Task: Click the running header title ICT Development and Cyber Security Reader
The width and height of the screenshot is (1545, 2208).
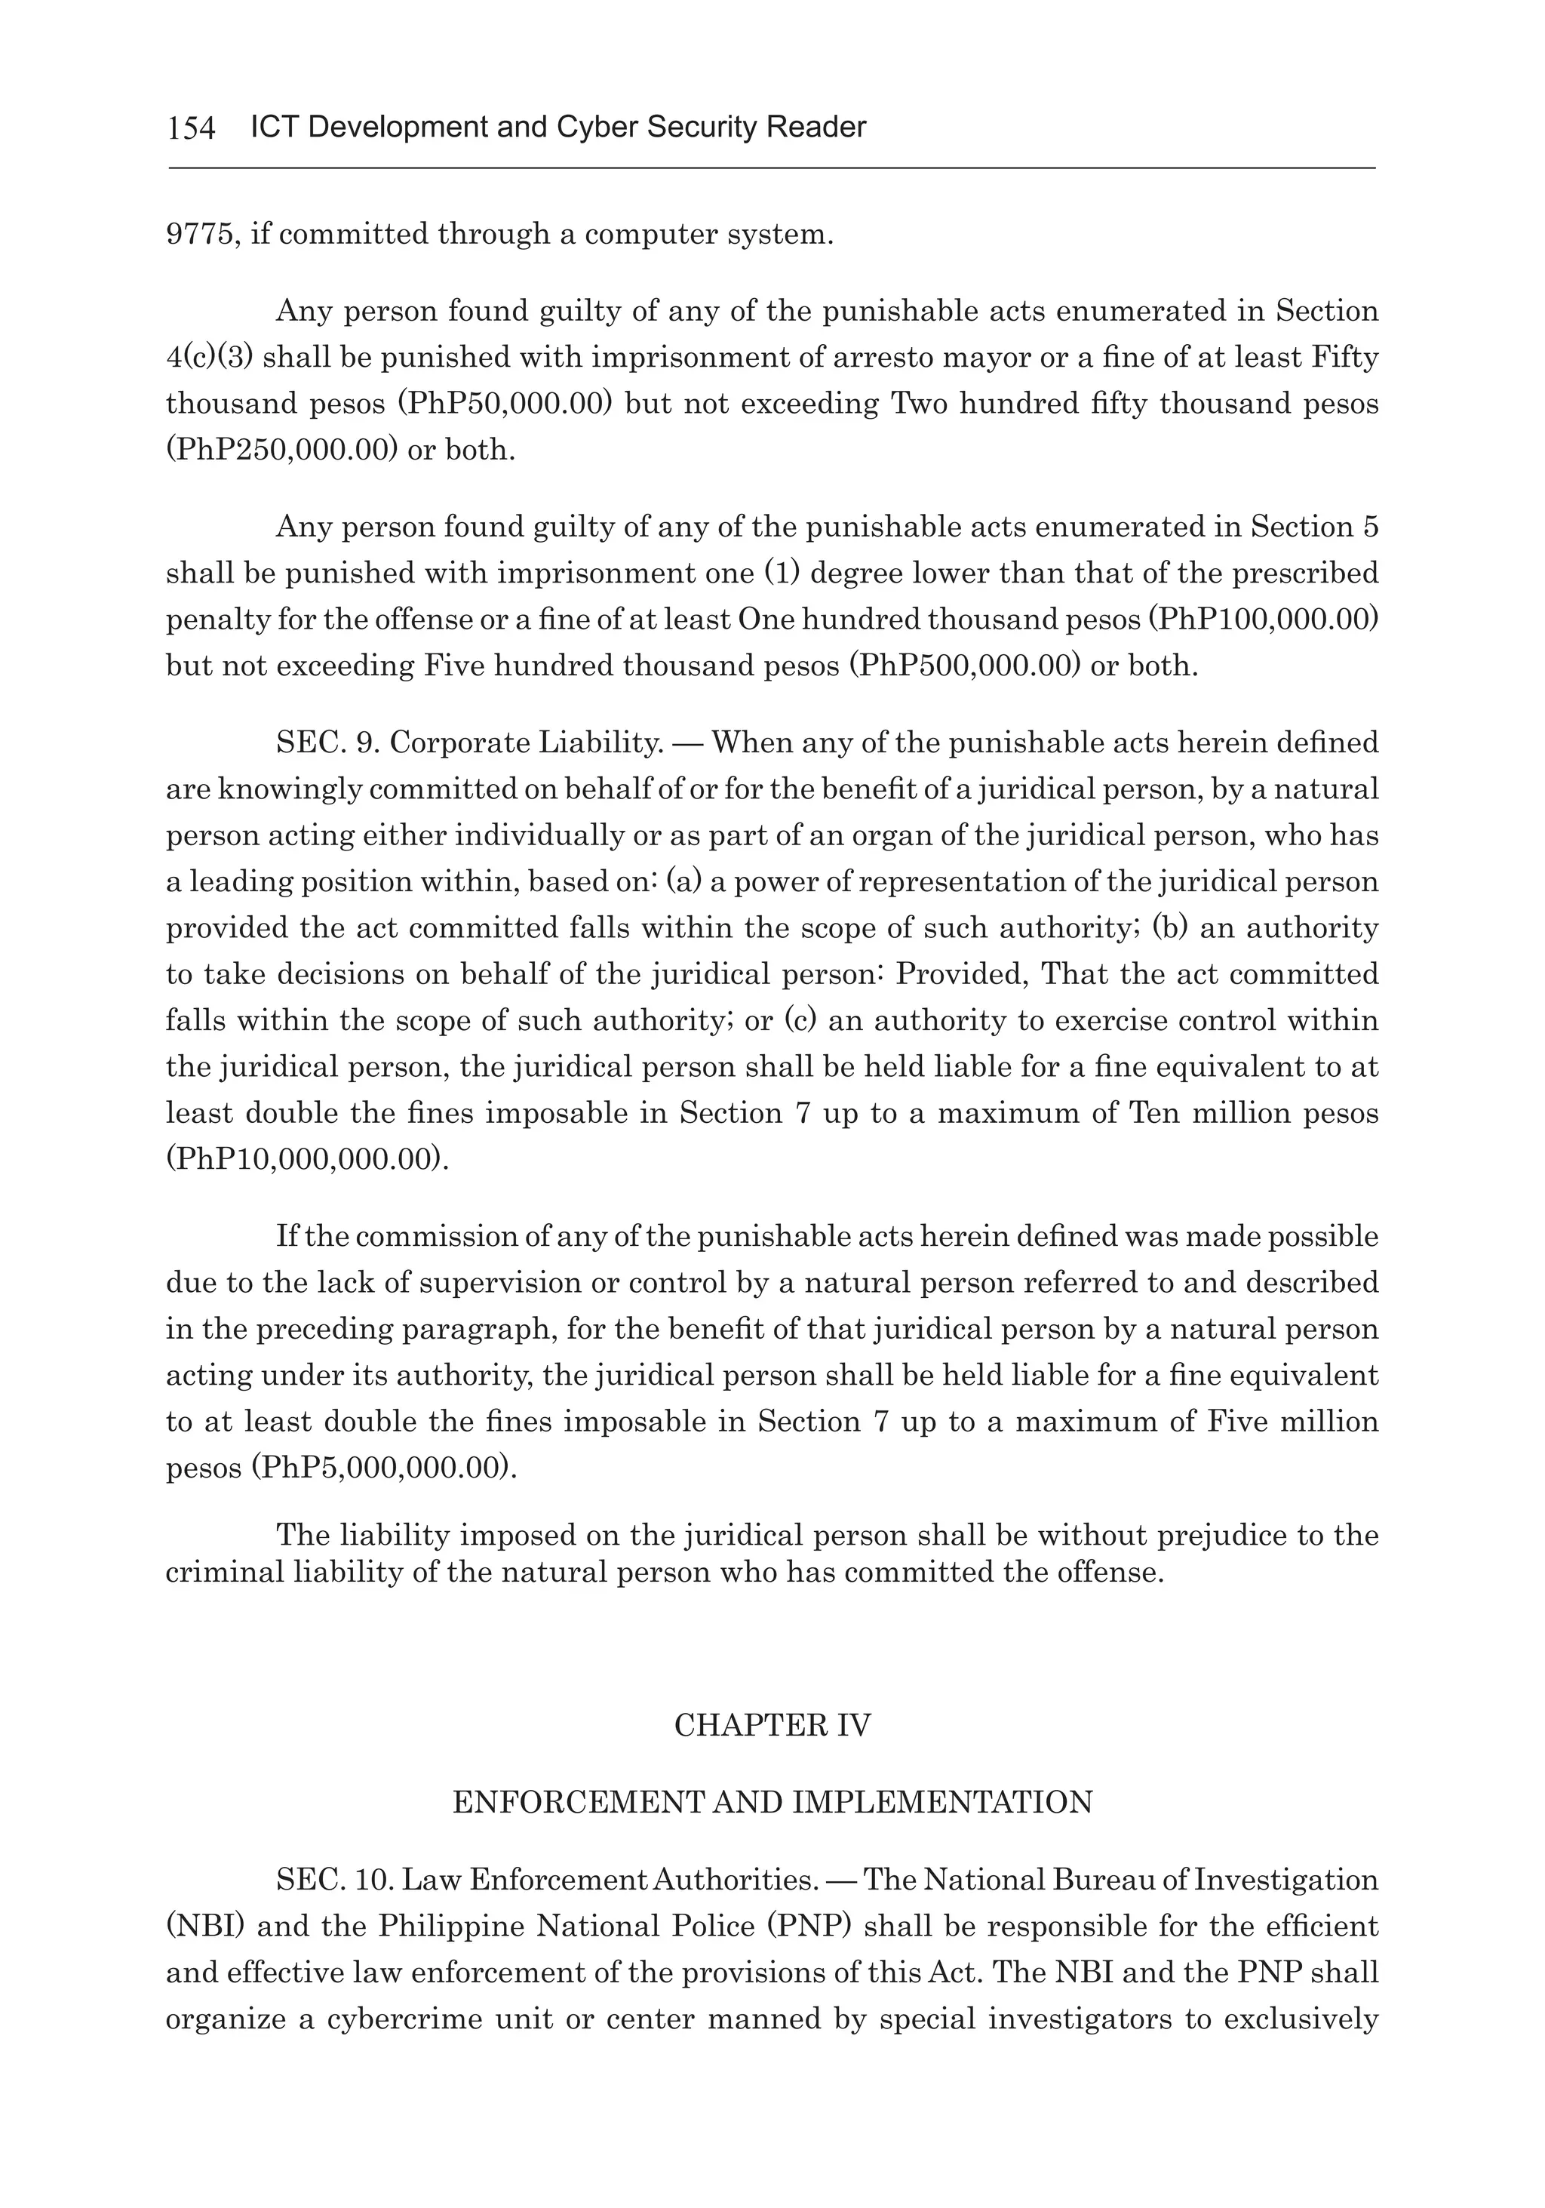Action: click(557, 127)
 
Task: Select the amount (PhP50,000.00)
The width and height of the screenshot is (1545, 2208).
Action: click(505, 403)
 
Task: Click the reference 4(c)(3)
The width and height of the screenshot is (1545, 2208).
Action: click(209, 357)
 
